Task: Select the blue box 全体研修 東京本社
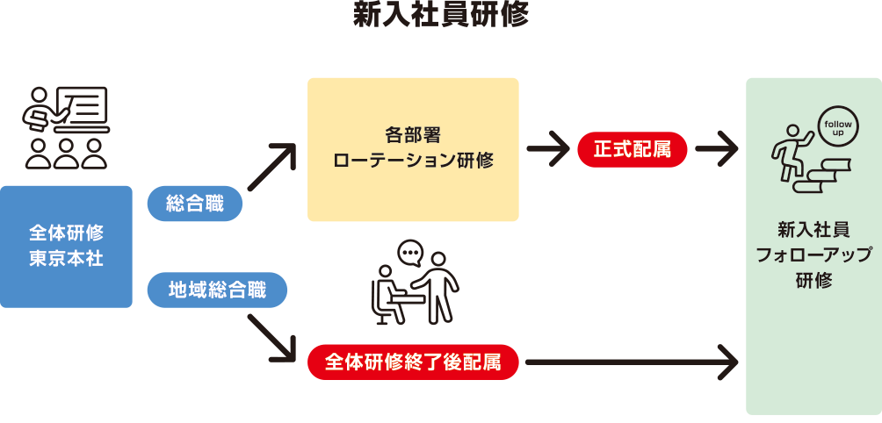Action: (x=66, y=247)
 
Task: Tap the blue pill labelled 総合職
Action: (x=194, y=204)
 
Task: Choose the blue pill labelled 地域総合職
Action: (x=217, y=290)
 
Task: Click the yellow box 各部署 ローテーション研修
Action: (x=413, y=149)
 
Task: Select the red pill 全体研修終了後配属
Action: (x=413, y=362)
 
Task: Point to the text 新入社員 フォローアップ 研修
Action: (x=813, y=255)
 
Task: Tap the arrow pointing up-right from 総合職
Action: (x=271, y=167)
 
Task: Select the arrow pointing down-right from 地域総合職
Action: (x=271, y=338)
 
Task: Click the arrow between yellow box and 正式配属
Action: (x=548, y=150)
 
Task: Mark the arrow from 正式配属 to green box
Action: (x=715, y=150)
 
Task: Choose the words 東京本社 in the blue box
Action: (x=66, y=260)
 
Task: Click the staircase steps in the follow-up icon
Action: (x=826, y=176)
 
